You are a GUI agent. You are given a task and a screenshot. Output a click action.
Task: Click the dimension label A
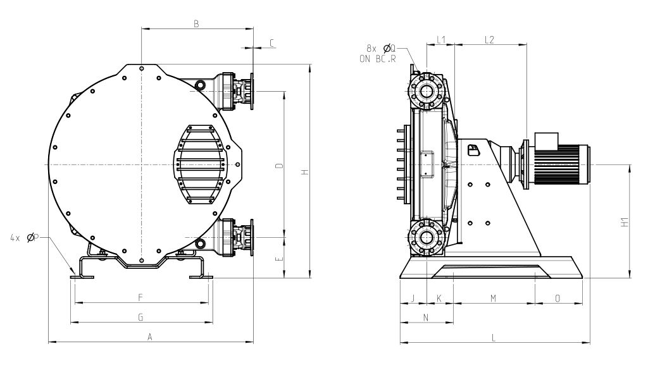click(x=150, y=337)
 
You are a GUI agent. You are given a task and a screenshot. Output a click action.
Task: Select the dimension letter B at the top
click(x=197, y=23)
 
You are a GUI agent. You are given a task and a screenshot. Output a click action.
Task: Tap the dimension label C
click(x=271, y=42)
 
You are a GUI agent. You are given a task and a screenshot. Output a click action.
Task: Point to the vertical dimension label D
click(x=280, y=166)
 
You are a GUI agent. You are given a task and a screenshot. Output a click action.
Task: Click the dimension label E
click(x=280, y=259)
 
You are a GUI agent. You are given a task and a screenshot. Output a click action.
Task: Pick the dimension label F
click(x=140, y=297)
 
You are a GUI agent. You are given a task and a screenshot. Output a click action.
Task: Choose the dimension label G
click(x=140, y=317)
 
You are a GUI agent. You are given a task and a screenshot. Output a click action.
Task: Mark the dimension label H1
click(x=625, y=222)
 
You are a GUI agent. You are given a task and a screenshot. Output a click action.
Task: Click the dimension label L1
click(x=441, y=40)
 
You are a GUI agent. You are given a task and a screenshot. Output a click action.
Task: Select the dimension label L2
click(x=489, y=40)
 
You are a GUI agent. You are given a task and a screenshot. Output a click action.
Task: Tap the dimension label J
click(x=413, y=298)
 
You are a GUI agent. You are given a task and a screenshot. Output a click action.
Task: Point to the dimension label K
click(x=439, y=298)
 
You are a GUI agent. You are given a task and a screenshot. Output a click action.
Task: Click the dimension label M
click(x=493, y=298)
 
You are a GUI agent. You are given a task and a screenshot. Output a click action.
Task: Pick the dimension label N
click(x=426, y=317)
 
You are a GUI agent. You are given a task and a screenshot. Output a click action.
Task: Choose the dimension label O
click(x=558, y=298)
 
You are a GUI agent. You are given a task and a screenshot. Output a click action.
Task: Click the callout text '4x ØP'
click(x=24, y=237)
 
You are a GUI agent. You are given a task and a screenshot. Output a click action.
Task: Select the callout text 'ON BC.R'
click(x=378, y=59)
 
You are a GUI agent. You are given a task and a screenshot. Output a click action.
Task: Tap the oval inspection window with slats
click(x=201, y=164)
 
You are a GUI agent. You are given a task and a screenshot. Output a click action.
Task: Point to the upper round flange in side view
click(x=426, y=91)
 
